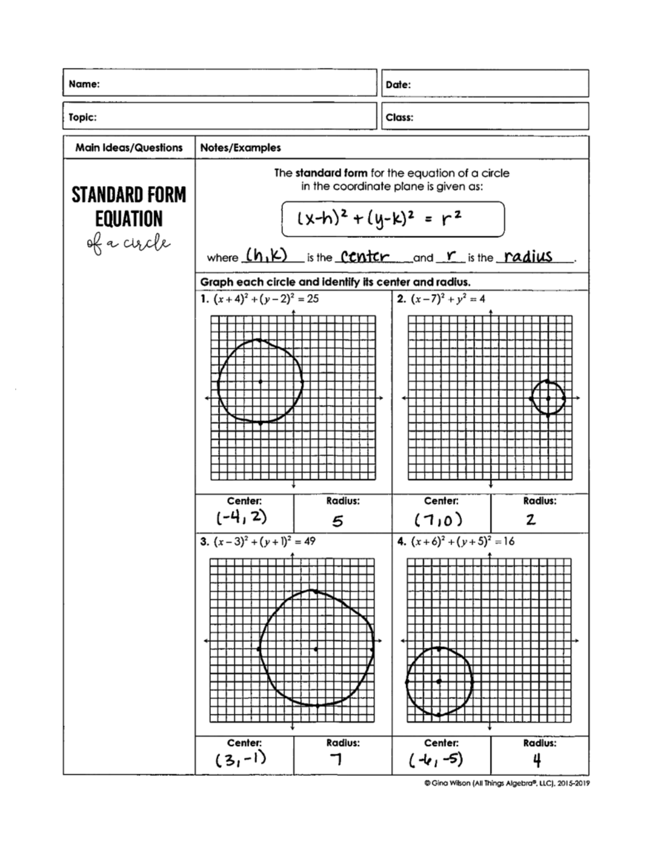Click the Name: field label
[x=84, y=84]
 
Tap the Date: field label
[x=398, y=85]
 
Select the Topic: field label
[x=82, y=117]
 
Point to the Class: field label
[x=399, y=117]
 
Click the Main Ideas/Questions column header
[x=129, y=148]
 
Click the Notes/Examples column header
[x=240, y=148]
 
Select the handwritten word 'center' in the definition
[x=362, y=256]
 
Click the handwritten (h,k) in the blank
[x=266, y=255]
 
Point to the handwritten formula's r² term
[x=451, y=218]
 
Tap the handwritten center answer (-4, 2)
[x=242, y=517]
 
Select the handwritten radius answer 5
[x=337, y=521]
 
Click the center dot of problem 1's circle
[x=260, y=382]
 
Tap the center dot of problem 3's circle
[x=316, y=649]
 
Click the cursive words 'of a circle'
[x=129, y=244]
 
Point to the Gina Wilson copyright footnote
[x=507, y=783]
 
